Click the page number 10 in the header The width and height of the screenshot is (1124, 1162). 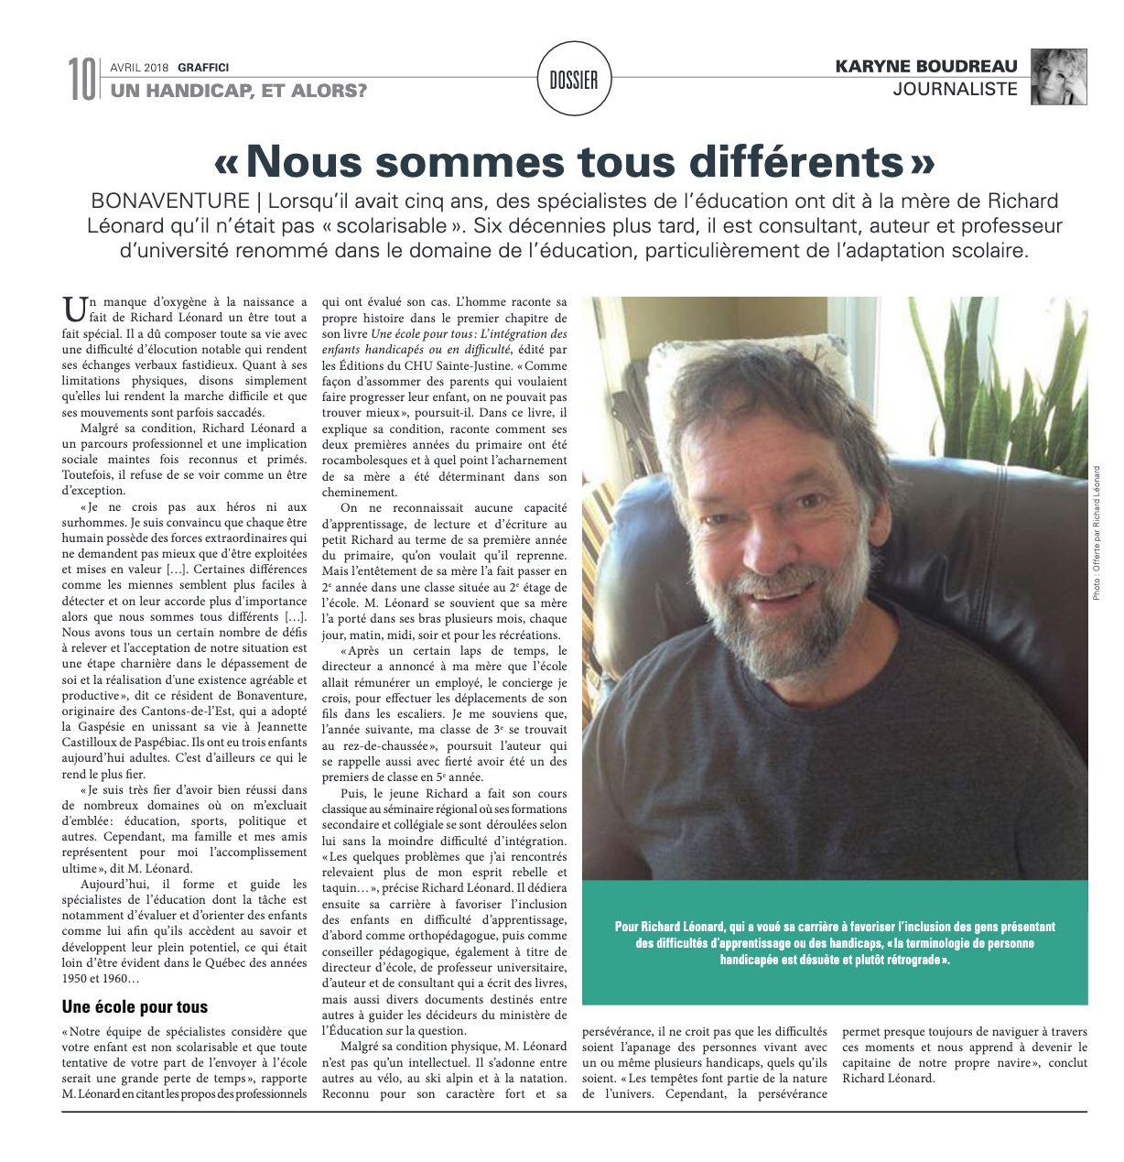[x=81, y=79]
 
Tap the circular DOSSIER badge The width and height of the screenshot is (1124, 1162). [x=574, y=81]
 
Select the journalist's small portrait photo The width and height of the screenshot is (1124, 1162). [x=1059, y=77]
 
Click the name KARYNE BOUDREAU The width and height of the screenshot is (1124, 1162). [x=927, y=67]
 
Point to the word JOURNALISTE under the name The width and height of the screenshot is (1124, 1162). [x=956, y=90]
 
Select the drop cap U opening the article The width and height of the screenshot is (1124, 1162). [x=72, y=307]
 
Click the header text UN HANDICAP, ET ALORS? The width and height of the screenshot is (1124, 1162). [x=240, y=90]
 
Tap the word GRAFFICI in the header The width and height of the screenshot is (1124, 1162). [x=203, y=67]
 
